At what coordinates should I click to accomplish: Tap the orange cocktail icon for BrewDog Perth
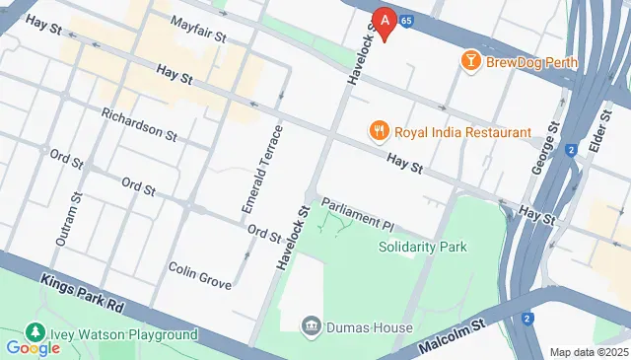pos(471,62)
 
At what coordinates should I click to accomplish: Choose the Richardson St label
pos(138,123)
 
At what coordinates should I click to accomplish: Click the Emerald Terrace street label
pos(262,172)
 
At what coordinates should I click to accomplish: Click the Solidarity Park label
pos(422,247)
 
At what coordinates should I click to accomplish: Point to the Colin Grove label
pos(199,275)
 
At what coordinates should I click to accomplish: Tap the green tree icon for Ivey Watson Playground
pos(36,331)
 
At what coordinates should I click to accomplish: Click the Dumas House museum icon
pos(311,325)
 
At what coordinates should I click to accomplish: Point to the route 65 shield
pos(407,19)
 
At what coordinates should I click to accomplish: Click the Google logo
pos(33,347)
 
